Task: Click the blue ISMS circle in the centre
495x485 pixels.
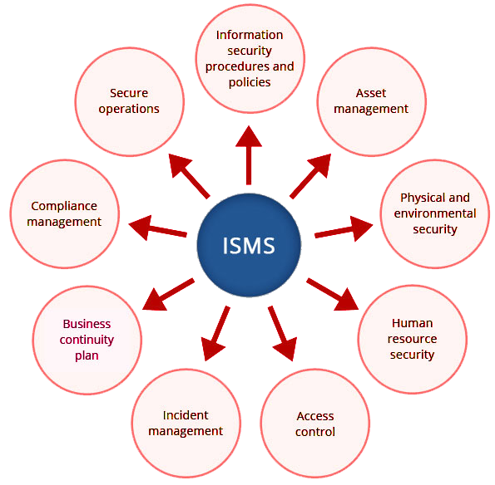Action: [249, 245]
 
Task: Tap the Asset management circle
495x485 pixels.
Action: [372, 102]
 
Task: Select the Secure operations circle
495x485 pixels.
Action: [130, 102]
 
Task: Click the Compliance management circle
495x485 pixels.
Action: [65, 214]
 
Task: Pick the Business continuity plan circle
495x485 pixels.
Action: [87, 340]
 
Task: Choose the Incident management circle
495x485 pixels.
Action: [186, 424]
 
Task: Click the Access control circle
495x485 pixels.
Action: [315, 424]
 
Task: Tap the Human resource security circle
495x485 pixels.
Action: [413, 340]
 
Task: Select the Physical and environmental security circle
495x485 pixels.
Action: [435, 214]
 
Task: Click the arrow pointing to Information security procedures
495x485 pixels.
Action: [249, 155]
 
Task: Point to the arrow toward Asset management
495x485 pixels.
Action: [310, 176]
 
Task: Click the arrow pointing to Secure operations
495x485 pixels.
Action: [189, 176]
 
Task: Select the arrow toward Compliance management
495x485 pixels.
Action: [158, 228]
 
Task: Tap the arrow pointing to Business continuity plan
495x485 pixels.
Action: [168, 294]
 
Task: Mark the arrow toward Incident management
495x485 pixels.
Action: [215, 333]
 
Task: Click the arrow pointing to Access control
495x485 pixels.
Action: [283, 333]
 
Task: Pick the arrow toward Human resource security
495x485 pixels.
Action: [333, 294]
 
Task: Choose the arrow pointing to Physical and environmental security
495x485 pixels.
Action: [344, 228]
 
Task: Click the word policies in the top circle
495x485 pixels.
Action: [250, 82]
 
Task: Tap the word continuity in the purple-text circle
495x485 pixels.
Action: [87, 340]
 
